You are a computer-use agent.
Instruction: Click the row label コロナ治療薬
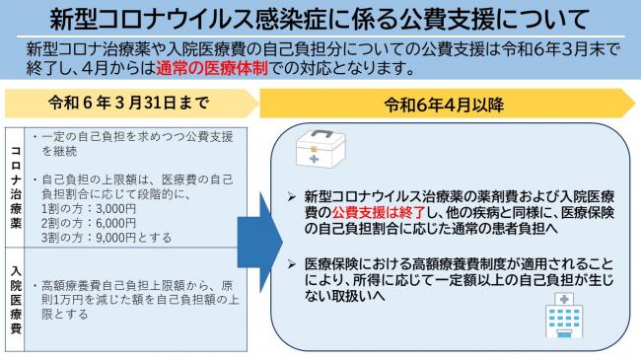(16, 186)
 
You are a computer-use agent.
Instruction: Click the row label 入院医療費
(16, 293)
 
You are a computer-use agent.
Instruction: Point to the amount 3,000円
(111, 209)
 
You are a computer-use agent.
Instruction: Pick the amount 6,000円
(111, 224)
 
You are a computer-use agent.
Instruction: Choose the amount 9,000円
(111, 238)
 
